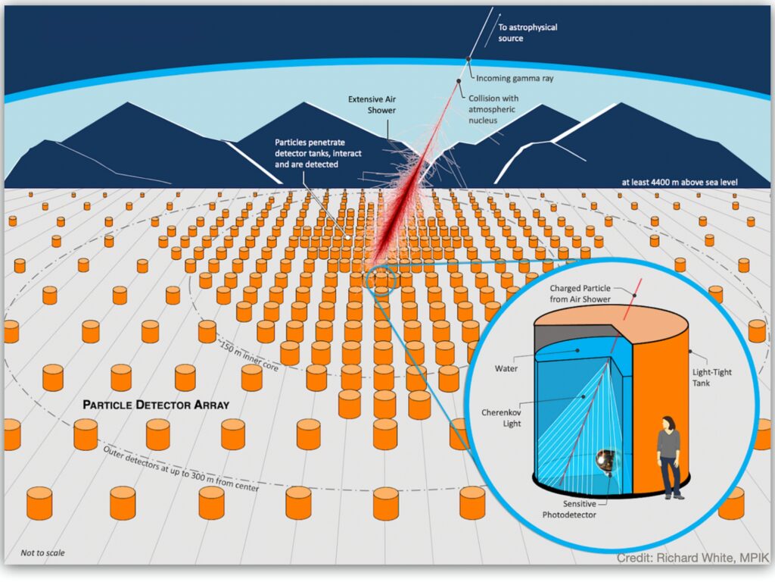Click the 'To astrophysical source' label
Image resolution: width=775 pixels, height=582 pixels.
527,33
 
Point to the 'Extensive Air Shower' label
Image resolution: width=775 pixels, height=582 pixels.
372,105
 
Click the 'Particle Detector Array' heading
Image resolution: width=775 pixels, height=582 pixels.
155,405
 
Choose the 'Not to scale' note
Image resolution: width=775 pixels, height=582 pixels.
42,552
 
